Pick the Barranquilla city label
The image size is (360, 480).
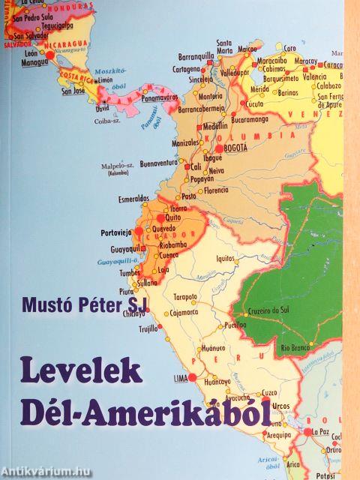pos(197,55)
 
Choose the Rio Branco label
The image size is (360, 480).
pos(295,347)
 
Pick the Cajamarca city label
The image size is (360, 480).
pos(187,312)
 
